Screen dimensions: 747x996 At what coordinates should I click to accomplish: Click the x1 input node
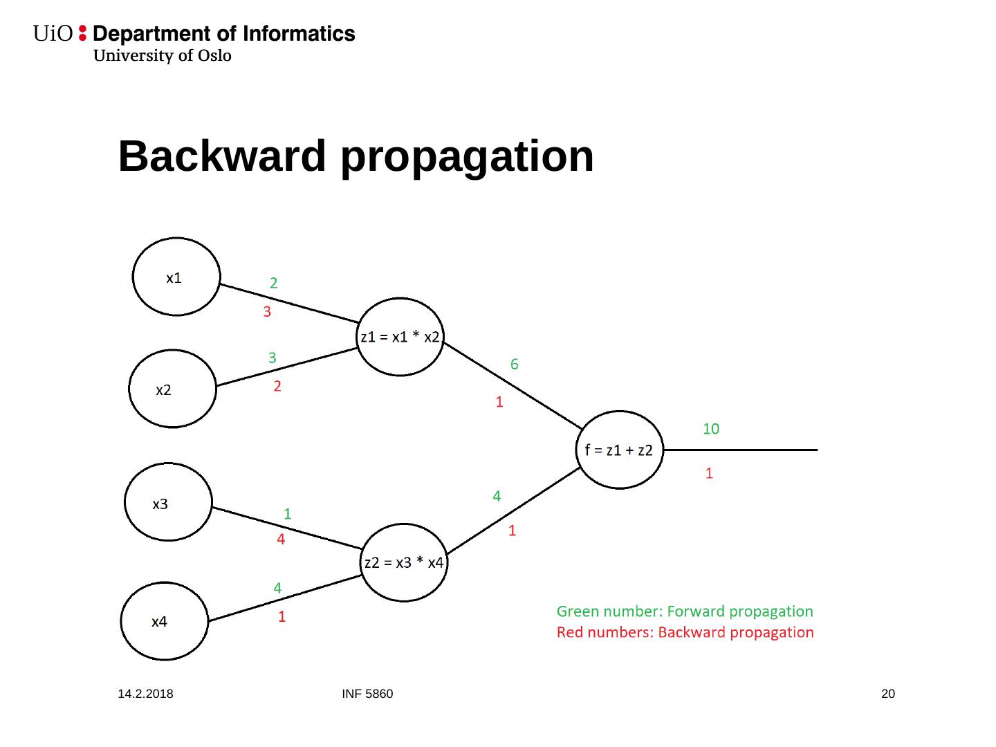tap(176, 277)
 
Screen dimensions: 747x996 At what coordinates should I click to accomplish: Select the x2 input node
tap(172, 389)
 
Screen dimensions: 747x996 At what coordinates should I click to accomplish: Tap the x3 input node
tap(168, 502)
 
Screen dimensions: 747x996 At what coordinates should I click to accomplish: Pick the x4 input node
tap(165, 620)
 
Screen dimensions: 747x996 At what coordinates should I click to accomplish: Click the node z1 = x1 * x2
tap(400, 337)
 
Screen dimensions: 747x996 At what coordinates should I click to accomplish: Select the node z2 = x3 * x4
tap(404, 562)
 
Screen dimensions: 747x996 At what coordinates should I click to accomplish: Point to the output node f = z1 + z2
tap(619, 450)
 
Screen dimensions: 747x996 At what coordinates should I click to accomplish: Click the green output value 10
tap(711, 429)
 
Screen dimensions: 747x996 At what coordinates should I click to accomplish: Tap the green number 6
tap(515, 364)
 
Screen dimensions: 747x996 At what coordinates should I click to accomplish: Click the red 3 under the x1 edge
tap(267, 312)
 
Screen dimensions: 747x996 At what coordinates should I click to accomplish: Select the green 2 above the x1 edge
tap(274, 283)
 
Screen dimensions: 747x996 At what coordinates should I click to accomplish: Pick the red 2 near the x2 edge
tap(277, 387)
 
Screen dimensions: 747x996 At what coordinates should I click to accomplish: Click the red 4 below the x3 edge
tap(281, 539)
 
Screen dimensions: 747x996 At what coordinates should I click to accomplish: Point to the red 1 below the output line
tap(709, 474)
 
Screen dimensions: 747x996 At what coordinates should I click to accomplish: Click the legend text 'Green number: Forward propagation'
tap(685, 611)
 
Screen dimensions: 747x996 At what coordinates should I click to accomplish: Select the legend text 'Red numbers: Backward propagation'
tap(685, 632)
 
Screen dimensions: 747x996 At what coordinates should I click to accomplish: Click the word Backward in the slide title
tap(221, 156)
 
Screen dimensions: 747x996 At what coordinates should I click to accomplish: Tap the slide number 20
tap(888, 694)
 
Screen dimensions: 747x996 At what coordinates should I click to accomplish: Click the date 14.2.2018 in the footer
tap(145, 694)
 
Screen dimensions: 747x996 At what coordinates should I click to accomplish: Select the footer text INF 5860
tap(367, 694)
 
